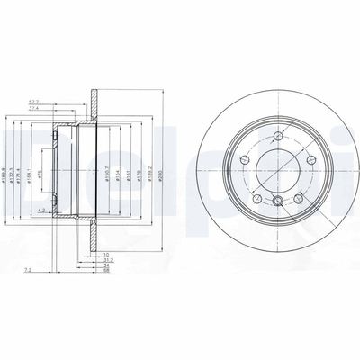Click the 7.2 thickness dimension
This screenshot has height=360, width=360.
point(30,269)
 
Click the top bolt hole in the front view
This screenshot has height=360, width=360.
point(271,138)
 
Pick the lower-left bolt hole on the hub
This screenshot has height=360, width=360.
point(258,198)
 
